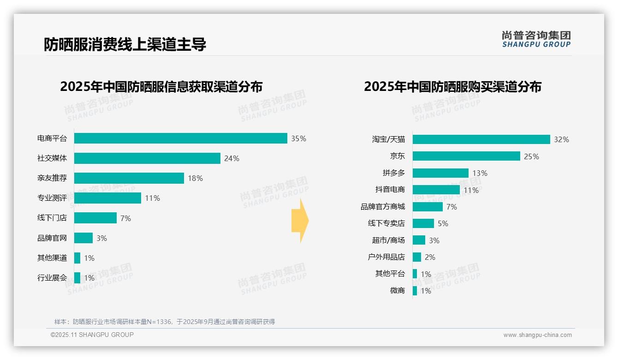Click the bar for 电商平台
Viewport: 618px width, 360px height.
pyautogui.click(x=181, y=138)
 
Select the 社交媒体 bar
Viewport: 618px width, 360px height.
pyautogui.click(x=147, y=158)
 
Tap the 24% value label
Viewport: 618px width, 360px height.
pyautogui.click(x=232, y=158)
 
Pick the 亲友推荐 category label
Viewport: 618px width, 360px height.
pyautogui.click(x=52, y=178)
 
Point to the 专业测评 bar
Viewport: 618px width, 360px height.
pyautogui.click(x=107, y=198)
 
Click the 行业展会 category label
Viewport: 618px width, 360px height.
pyautogui.click(x=52, y=278)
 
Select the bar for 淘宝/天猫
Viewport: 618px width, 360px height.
pyautogui.click(x=481, y=139)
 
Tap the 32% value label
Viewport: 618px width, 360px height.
pyautogui.click(x=561, y=139)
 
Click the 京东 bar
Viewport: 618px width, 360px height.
pyautogui.click(x=466, y=156)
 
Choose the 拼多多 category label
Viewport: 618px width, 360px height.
pyautogui.click(x=393, y=173)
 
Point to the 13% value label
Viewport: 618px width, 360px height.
pyautogui.click(x=480, y=173)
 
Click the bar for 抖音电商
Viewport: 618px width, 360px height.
pyautogui.click(x=436, y=190)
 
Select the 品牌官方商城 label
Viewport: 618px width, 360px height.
pyautogui.click(x=383, y=207)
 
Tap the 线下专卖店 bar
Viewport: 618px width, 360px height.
pyautogui.click(x=423, y=223)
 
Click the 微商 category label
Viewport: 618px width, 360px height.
pyautogui.click(x=397, y=291)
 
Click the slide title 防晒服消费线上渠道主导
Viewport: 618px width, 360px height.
pyautogui.click(x=125, y=44)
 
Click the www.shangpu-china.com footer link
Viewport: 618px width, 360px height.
pyautogui.click(x=537, y=335)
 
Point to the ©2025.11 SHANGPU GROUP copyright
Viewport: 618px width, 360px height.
pyautogui.click(x=92, y=335)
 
